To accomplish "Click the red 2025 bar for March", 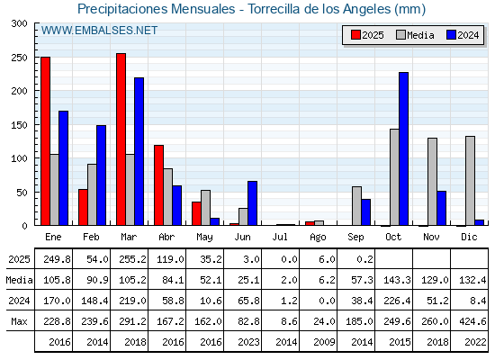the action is point(121,139).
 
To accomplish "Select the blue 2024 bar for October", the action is point(404,148).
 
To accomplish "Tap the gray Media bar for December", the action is point(470,181).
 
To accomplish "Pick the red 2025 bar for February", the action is point(83,207).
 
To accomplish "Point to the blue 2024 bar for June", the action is point(252,203).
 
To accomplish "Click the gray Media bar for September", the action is point(356,206).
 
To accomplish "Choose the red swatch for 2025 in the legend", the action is point(355,35).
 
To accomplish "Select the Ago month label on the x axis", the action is point(318,238).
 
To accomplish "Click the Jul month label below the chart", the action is point(280,237).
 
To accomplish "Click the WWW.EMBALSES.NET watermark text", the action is point(99,31).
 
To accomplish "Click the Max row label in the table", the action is point(19,321).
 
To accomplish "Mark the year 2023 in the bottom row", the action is point(248,342).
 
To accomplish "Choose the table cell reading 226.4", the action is point(397,301).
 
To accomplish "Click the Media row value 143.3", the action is point(397,280).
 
